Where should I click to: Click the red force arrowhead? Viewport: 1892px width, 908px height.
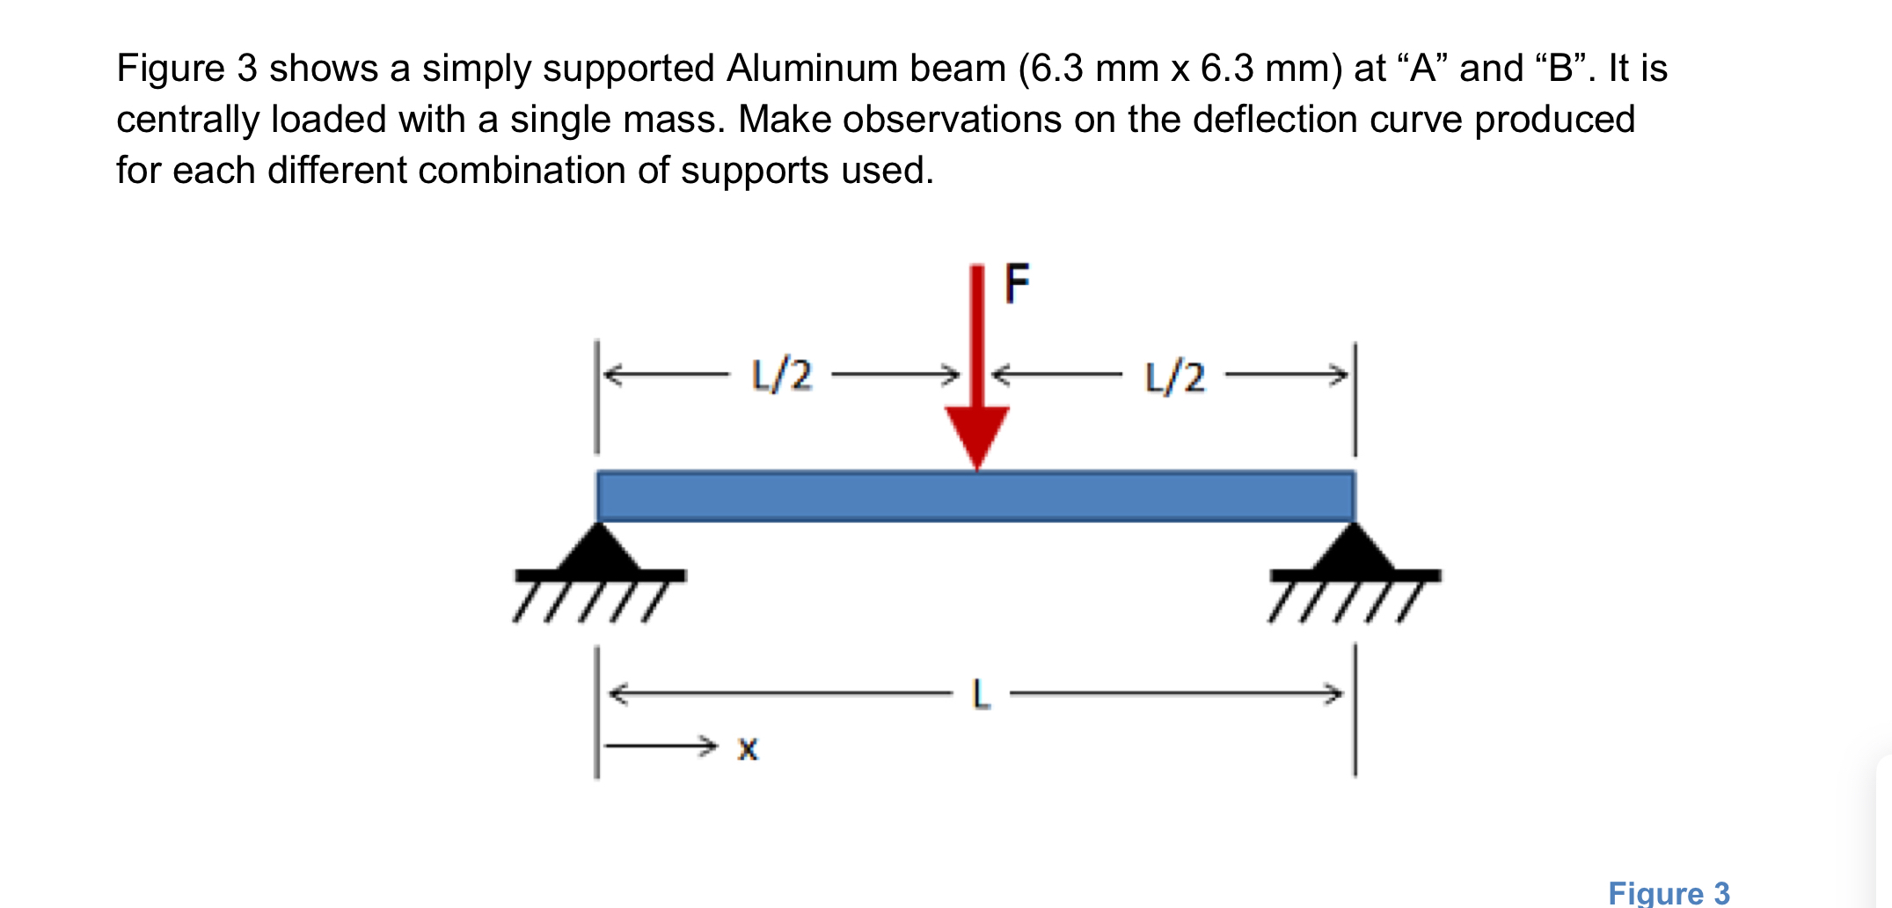click(976, 435)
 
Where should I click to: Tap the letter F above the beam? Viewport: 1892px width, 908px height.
click(1017, 283)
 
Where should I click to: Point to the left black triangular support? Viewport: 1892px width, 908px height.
click(598, 551)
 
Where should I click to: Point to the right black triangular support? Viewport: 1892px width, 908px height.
click(1355, 551)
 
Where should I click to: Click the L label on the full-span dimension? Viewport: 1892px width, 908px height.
click(981, 694)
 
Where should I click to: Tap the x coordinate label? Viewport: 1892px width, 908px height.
click(748, 749)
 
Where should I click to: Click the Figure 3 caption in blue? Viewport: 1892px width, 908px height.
click(1669, 893)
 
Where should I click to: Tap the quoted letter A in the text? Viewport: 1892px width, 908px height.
click(1423, 69)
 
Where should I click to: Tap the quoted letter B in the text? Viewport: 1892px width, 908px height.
click(1561, 69)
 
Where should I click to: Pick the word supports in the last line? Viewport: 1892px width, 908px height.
click(755, 171)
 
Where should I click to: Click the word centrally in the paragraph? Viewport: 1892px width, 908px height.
click(188, 120)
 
